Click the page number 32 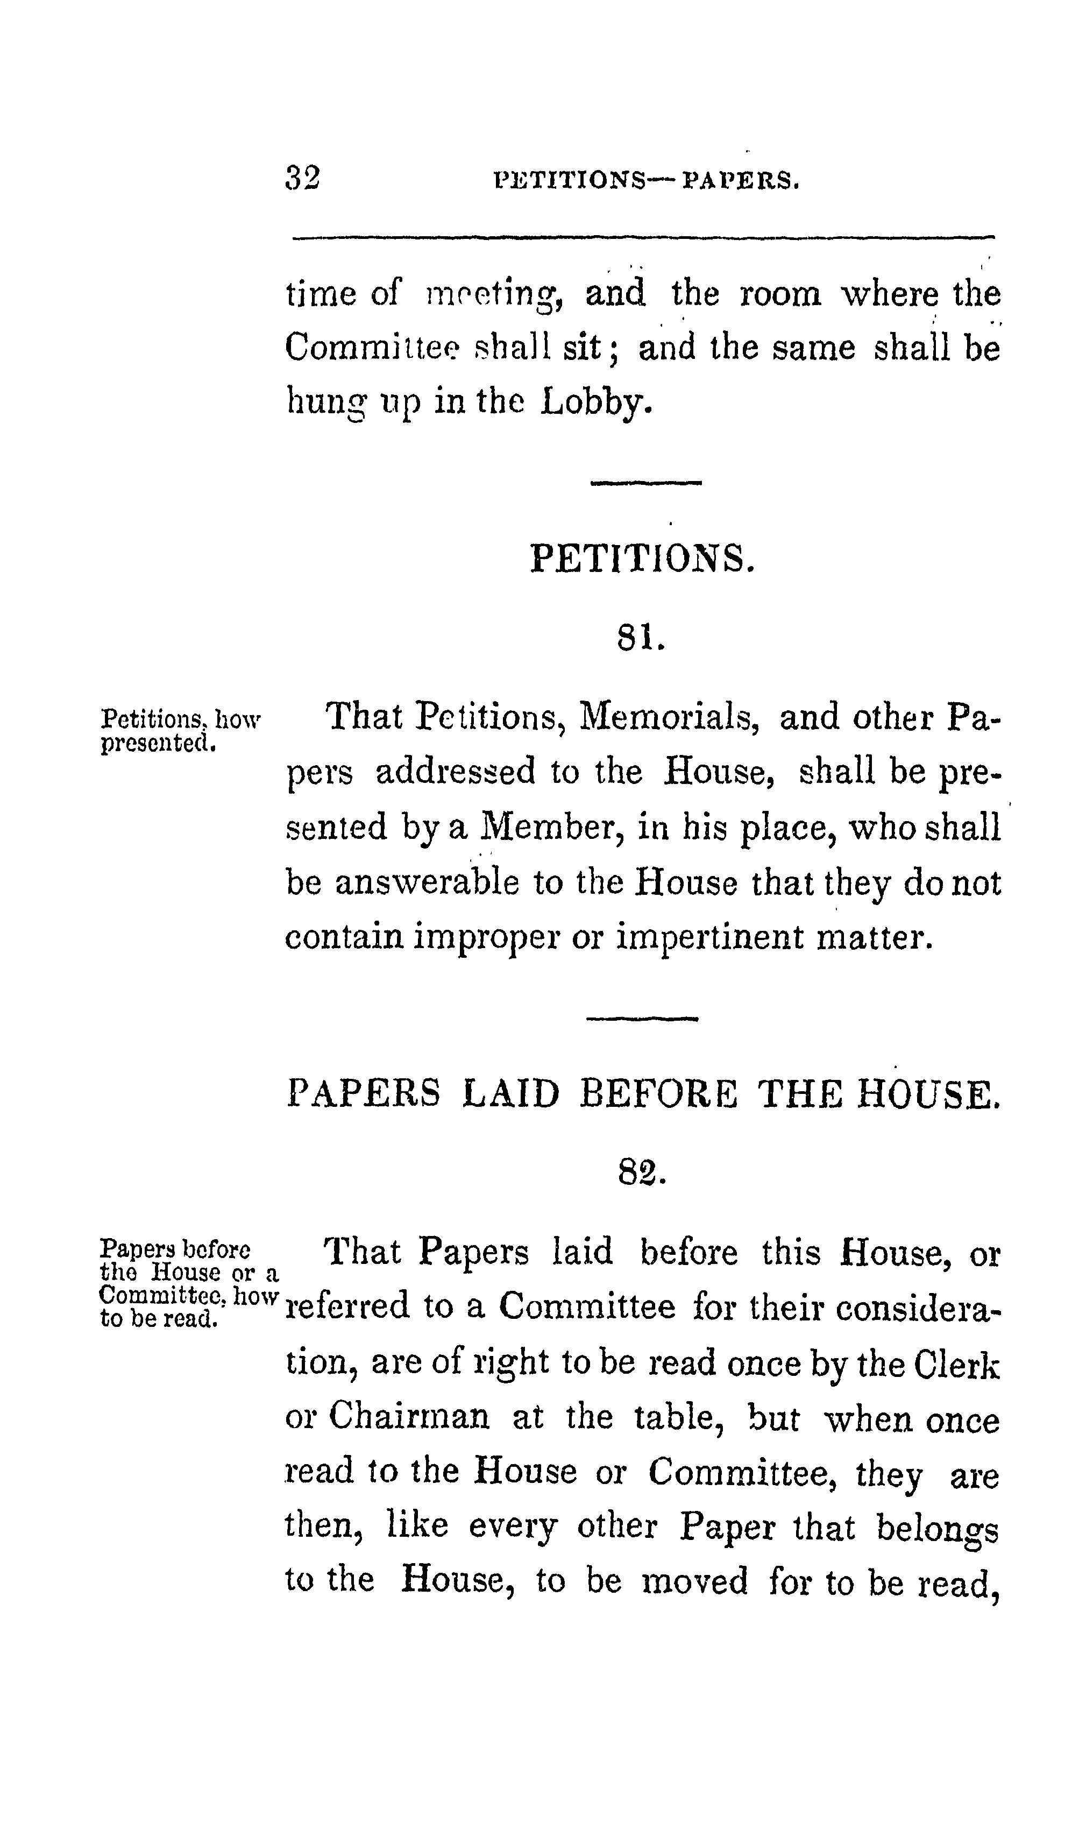pyautogui.click(x=302, y=178)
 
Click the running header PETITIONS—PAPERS pyautogui.click(x=647, y=180)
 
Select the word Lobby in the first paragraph pyautogui.click(x=595, y=402)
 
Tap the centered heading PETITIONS pyautogui.click(x=641, y=559)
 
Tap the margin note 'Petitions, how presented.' pyautogui.click(x=180, y=730)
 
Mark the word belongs pyautogui.click(x=937, y=1528)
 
